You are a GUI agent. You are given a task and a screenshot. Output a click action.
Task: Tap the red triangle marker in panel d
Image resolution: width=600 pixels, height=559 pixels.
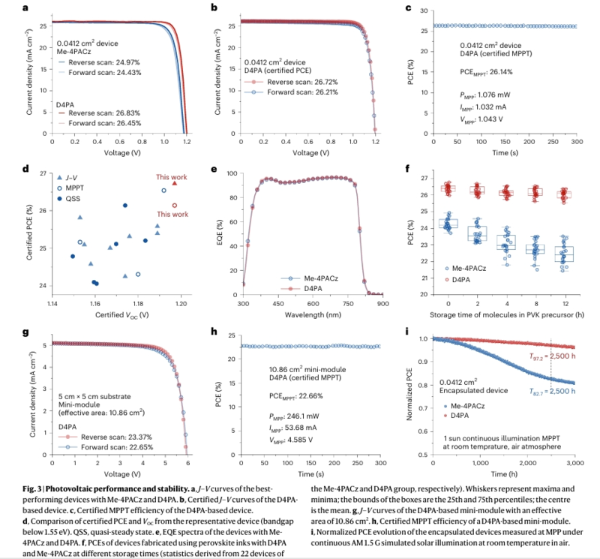pos(174,183)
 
